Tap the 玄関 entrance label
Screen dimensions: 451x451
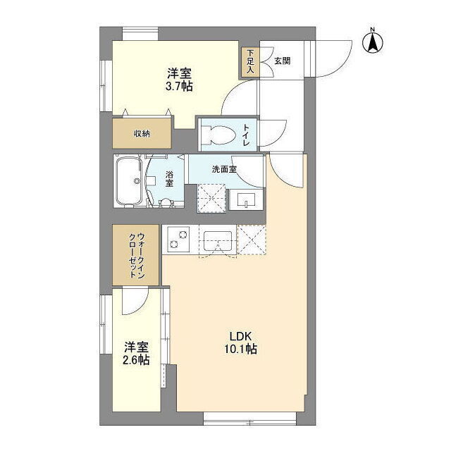pos(282,61)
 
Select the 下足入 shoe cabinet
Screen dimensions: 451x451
pos(250,62)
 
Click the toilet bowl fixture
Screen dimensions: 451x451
pos(219,135)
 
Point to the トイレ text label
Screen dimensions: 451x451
pos(247,135)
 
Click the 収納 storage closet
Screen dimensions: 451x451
pos(142,133)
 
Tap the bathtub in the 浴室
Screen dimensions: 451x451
pos(129,181)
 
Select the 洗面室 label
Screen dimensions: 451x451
pos(224,169)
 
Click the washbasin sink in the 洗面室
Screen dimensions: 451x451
pos(246,199)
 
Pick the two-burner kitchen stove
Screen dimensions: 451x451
pos(176,240)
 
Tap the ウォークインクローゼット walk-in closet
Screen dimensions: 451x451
pos(135,255)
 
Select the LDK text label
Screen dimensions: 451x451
pos(241,336)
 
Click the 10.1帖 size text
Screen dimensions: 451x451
pos(241,350)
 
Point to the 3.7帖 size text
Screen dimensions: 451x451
pos(179,86)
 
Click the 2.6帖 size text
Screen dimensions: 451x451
pos(136,360)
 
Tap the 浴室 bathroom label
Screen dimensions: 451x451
pos(169,179)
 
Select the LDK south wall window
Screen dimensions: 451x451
pos(249,419)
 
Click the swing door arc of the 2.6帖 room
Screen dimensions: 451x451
pos(139,309)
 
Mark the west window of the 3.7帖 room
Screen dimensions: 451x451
pos(106,86)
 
